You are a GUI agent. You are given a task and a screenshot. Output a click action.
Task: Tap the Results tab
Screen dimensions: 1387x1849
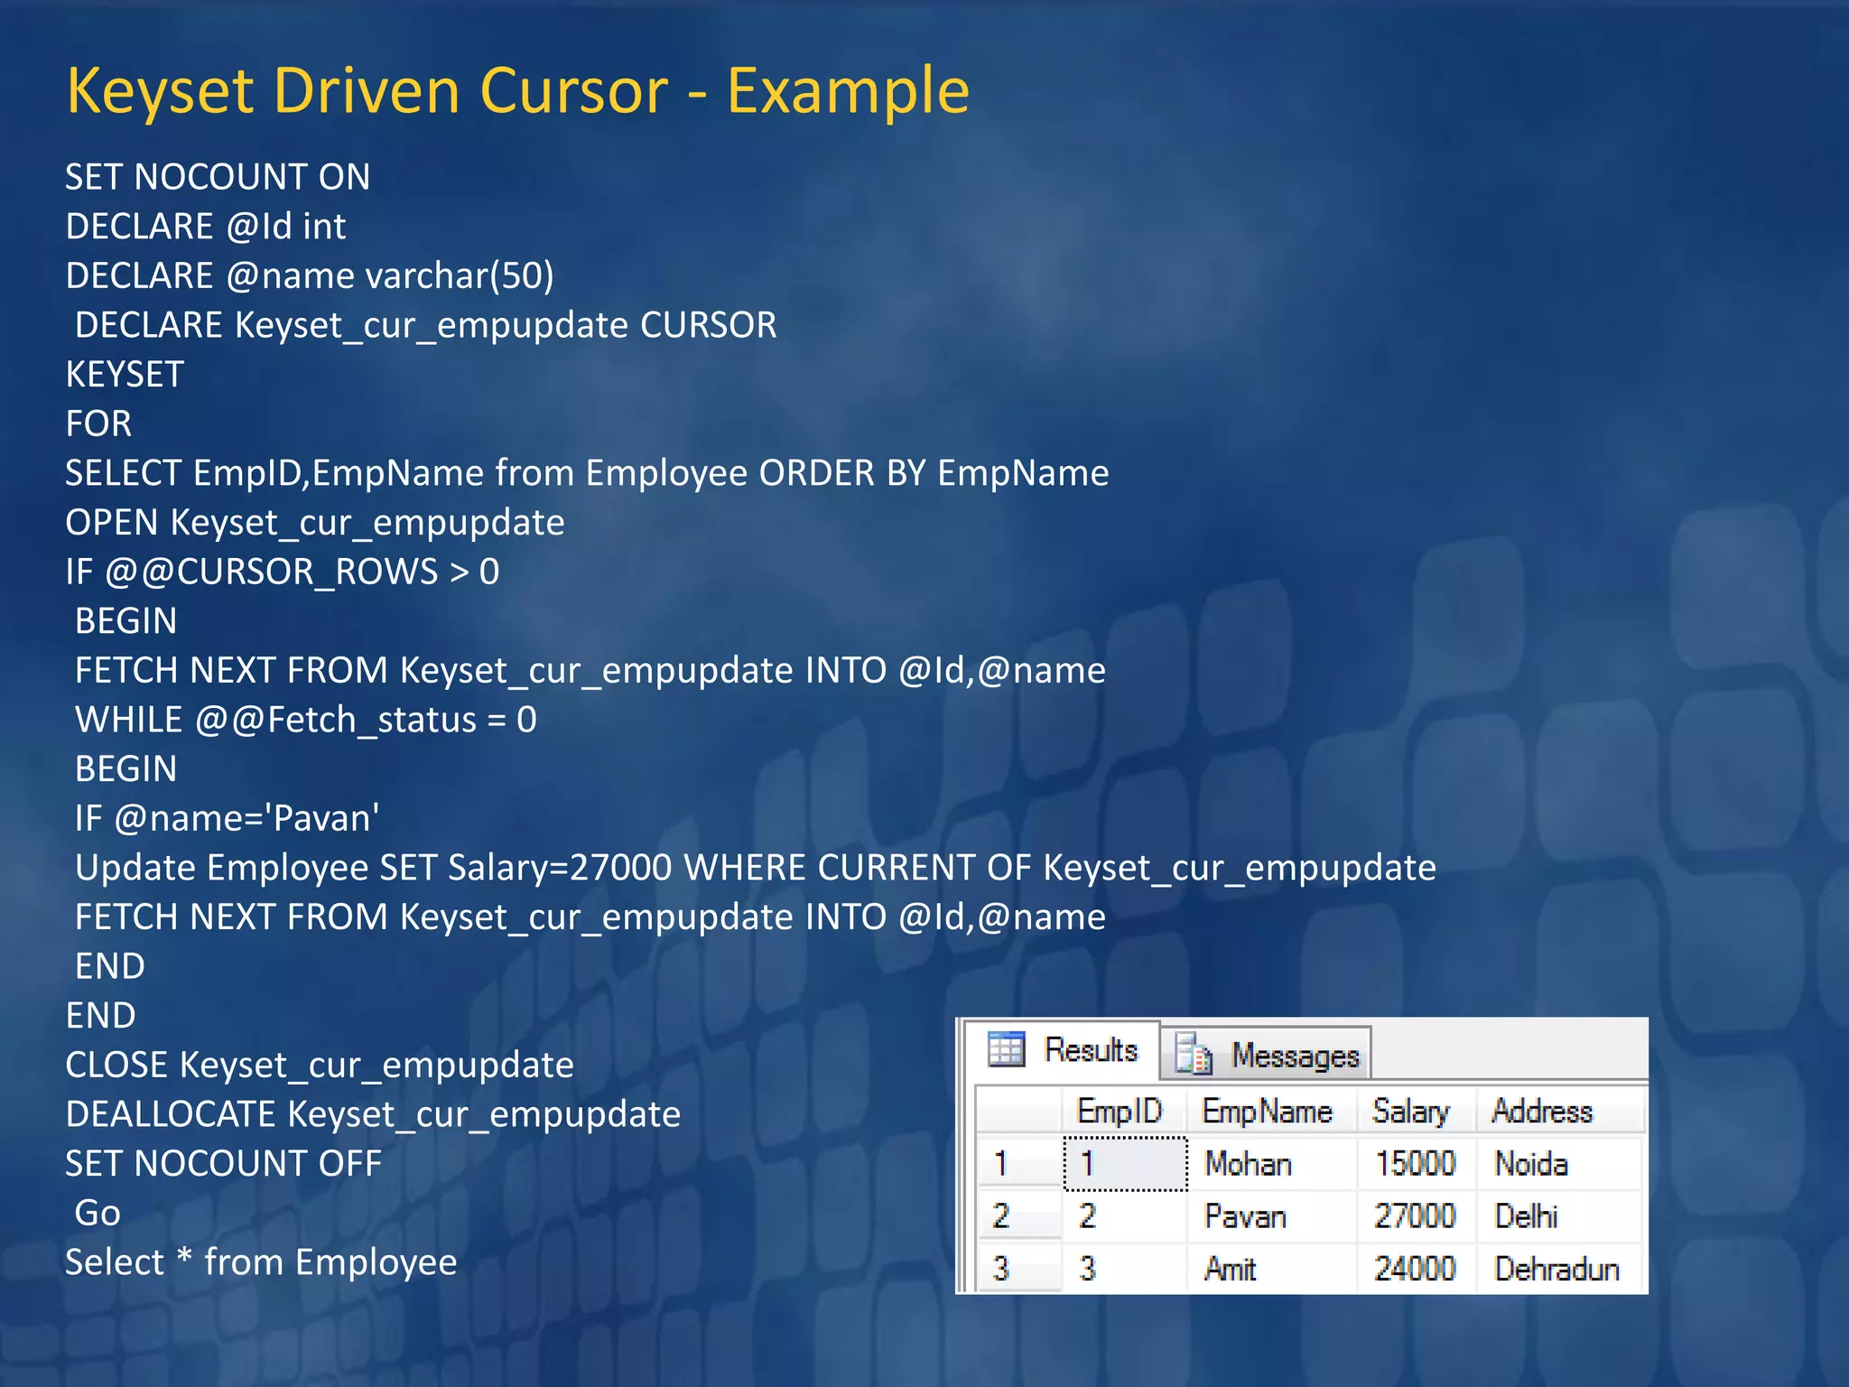(1065, 1050)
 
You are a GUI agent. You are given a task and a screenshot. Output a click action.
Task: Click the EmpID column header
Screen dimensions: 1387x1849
(1120, 1111)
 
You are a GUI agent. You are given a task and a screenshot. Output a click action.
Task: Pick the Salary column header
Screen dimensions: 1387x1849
(1411, 1111)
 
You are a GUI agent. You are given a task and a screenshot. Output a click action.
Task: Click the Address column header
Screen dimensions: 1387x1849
(1542, 1111)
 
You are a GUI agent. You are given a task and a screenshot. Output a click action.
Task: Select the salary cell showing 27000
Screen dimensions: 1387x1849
(1415, 1216)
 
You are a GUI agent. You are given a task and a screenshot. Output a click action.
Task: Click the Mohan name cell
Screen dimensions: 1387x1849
(1249, 1164)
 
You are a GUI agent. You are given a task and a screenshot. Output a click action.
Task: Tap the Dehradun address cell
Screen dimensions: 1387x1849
(1556, 1269)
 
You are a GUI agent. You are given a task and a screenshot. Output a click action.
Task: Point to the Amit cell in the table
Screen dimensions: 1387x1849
(1231, 1269)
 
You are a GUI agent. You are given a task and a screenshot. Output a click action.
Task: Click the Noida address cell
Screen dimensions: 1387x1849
(1531, 1164)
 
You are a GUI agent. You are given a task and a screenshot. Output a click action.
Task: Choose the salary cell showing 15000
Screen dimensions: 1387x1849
(1415, 1164)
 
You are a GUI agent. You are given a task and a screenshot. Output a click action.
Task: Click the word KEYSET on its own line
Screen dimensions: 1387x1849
(125, 375)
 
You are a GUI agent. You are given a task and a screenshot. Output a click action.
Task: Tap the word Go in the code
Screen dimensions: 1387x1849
(98, 1213)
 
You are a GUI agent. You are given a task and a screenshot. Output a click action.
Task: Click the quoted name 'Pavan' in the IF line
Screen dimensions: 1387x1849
(326, 818)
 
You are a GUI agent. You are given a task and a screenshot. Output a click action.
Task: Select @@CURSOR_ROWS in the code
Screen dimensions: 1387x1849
(272, 572)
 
